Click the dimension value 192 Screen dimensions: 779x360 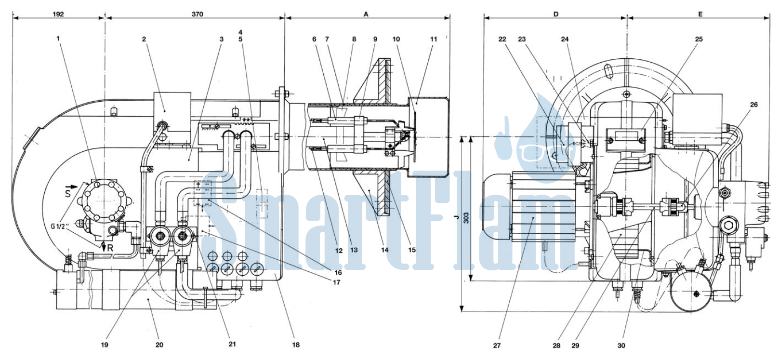tap(58, 14)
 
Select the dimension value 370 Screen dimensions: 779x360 tap(197, 14)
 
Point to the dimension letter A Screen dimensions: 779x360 tap(366, 14)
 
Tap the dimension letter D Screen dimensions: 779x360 tap(556, 14)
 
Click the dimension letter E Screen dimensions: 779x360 tap(700, 14)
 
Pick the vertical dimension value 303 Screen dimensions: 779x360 tap(466, 218)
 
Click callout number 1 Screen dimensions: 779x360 tap(58, 38)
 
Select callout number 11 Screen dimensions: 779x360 tap(433, 39)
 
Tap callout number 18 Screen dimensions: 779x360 tap(296, 345)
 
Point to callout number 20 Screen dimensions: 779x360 tap(159, 345)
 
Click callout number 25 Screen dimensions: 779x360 tap(699, 39)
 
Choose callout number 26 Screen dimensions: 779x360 tap(753, 105)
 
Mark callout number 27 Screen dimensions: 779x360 tap(497, 346)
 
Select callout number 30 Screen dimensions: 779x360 tap(621, 346)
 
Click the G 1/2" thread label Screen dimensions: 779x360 tap(60, 227)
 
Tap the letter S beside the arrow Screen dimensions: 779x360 tap(68, 192)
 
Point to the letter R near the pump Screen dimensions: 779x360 tap(110, 248)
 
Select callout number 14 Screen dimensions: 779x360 tap(384, 250)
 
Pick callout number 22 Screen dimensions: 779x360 tap(502, 39)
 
